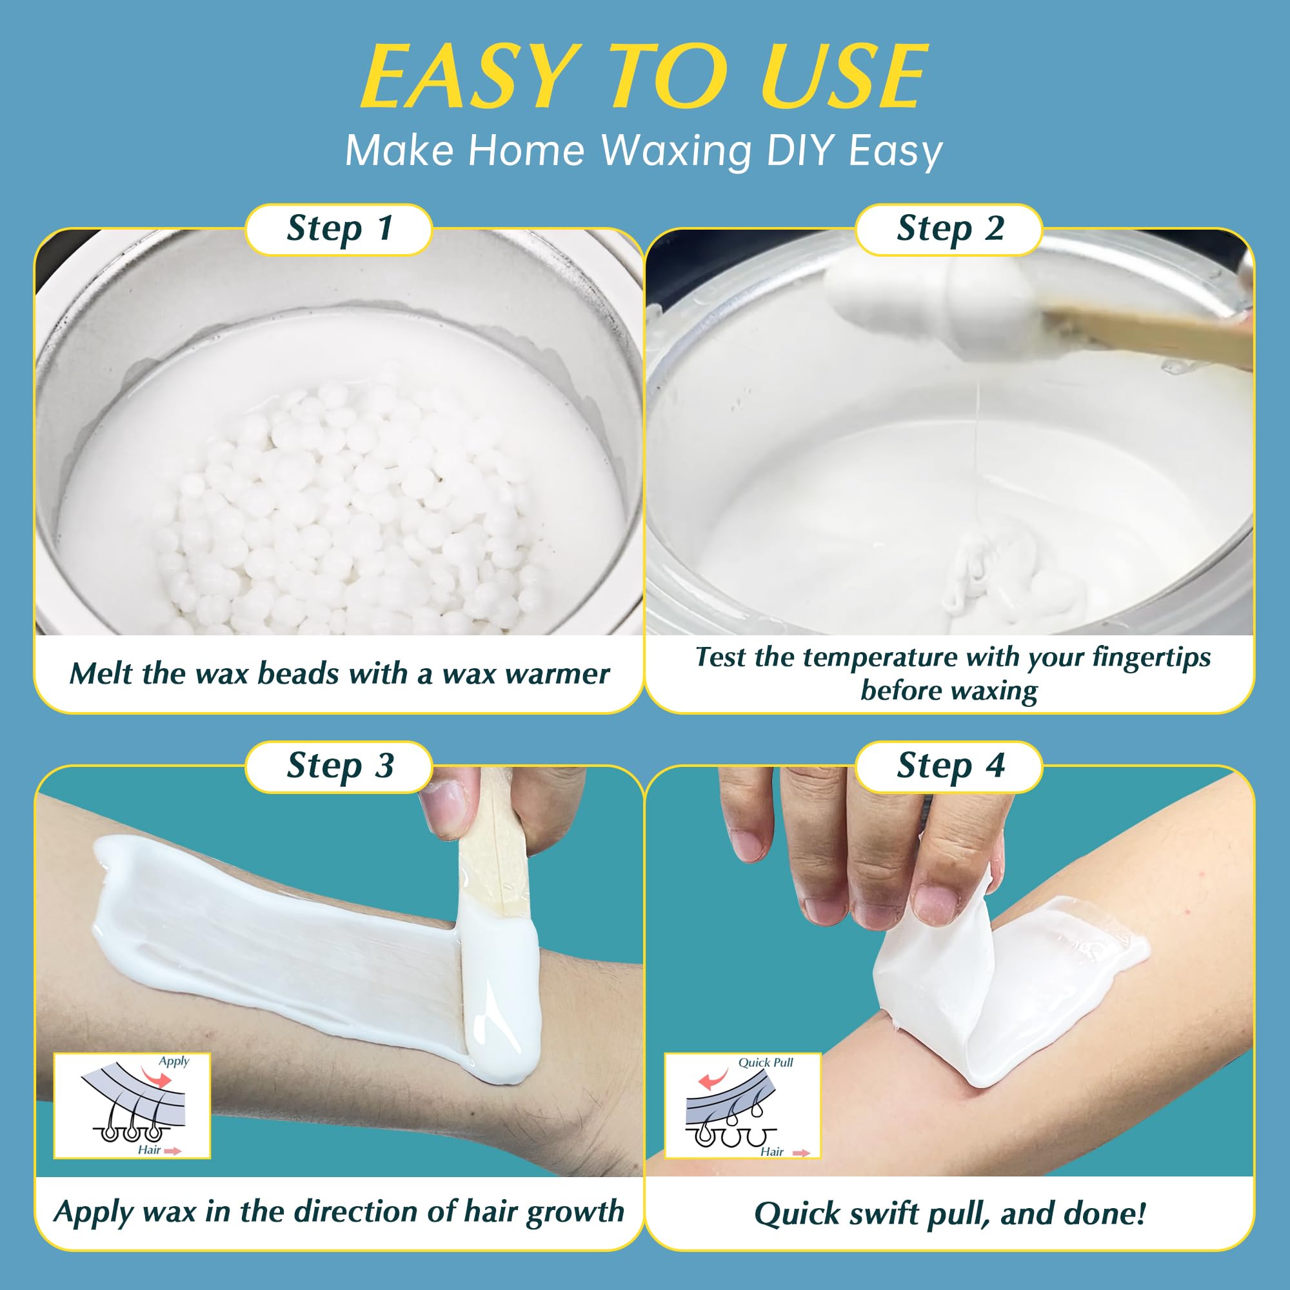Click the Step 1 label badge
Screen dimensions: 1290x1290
click(339, 230)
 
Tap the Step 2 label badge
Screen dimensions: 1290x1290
click(949, 230)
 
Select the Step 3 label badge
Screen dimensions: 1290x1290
click(339, 766)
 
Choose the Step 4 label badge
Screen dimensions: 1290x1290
click(949, 766)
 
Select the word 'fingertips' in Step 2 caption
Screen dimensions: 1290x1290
click(1151, 658)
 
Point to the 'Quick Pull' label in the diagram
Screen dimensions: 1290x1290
click(765, 1062)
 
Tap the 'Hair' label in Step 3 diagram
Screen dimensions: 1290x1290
click(149, 1150)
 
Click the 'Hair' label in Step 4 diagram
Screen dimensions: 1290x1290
click(772, 1151)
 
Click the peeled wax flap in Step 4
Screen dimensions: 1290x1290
click(935, 975)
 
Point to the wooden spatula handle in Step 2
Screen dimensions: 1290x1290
click(1149, 337)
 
